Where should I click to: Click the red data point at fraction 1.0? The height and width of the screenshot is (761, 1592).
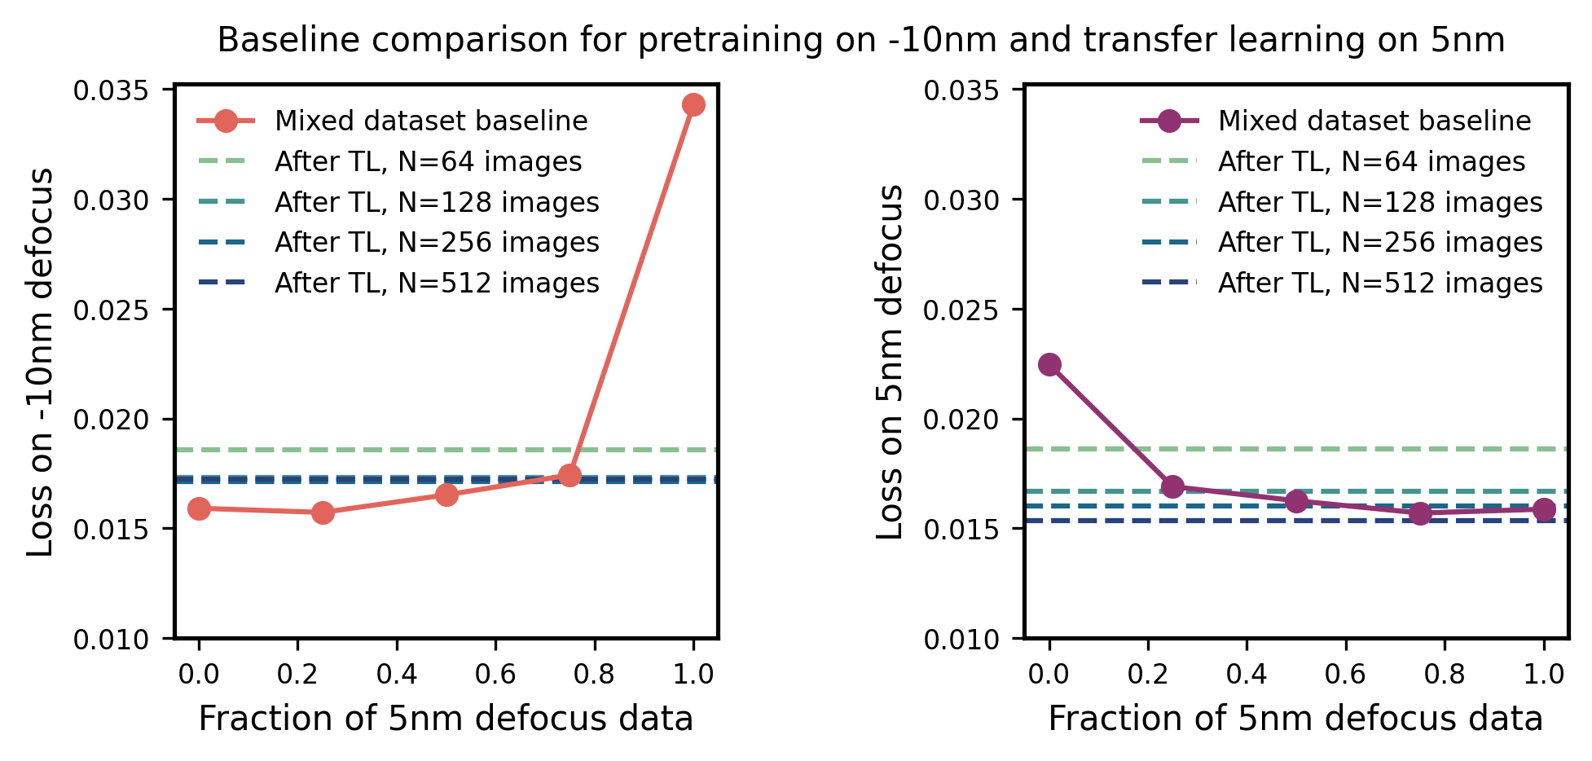coord(693,105)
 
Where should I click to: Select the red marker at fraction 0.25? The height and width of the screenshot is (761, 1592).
coord(323,512)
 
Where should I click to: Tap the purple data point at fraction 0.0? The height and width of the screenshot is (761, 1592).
coord(1049,364)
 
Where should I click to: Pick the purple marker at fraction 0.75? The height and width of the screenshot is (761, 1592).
coord(1420,513)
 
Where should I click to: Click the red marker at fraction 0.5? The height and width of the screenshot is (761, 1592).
coord(446,495)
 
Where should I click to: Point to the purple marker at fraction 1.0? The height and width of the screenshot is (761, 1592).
coord(1543,509)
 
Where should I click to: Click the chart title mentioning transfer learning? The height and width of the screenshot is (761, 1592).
coord(860,40)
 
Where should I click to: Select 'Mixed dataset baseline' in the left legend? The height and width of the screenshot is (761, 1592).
coord(430,121)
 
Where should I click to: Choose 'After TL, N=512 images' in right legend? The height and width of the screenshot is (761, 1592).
coord(1379,283)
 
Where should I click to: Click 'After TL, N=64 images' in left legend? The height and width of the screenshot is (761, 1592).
coord(428,162)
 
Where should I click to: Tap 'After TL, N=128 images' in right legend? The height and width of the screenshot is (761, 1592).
coord(1379,202)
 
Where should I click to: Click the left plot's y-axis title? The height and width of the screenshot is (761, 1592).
coord(41,363)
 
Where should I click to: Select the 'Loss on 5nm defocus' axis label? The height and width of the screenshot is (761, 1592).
coord(891,363)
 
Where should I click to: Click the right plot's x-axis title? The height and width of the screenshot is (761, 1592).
coord(1295,719)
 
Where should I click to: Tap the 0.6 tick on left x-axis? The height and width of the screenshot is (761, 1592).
coord(495,674)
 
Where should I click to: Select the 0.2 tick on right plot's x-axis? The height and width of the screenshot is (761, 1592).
coord(1147,674)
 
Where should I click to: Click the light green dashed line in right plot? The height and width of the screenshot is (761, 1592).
coord(1304,449)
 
